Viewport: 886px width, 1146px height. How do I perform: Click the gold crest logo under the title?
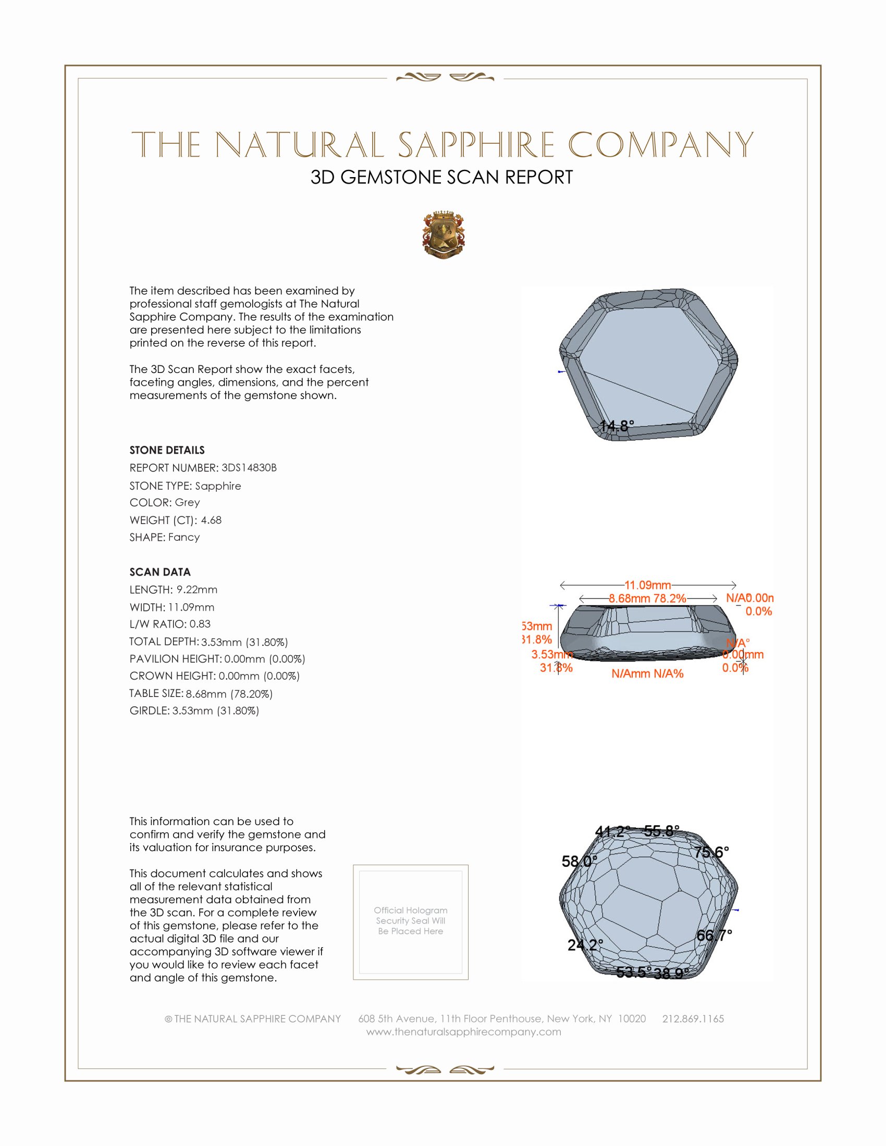point(444,234)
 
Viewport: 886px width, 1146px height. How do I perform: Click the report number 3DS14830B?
point(249,468)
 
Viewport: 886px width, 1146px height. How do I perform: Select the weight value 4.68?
point(212,520)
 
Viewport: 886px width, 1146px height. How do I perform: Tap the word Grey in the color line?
point(188,502)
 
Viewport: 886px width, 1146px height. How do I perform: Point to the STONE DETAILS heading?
point(167,450)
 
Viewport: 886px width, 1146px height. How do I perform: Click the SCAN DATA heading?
point(160,572)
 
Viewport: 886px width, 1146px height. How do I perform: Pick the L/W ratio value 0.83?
point(200,624)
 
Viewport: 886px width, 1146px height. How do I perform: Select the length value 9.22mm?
point(197,589)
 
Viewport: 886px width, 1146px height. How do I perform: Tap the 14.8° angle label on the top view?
point(617,426)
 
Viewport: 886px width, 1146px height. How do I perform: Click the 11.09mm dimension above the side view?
point(648,584)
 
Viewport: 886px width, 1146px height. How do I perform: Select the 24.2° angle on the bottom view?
point(585,945)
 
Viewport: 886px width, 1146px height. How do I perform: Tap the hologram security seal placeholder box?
point(411,922)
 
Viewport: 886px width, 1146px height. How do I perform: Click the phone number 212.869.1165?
point(693,1018)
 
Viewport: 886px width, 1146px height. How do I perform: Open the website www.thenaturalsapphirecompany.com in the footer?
point(463,1031)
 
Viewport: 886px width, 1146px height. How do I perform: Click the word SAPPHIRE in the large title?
point(475,145)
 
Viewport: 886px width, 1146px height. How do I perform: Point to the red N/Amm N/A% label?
point(647,674)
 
